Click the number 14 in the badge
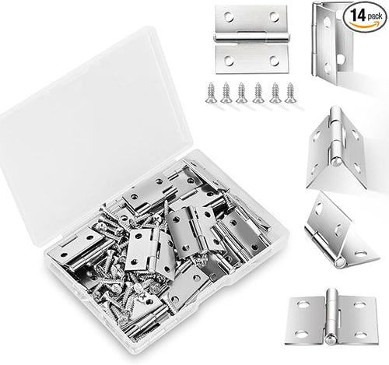point(357,16)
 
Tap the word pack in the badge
point(375,16)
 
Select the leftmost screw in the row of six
point(210,92)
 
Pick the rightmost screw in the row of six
point(289,92)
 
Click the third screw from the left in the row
point(241,93)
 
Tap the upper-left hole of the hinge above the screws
point(229,17)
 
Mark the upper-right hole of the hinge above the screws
point(274,16)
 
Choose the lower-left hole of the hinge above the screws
point(229,61)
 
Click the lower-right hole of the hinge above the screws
point(274,61)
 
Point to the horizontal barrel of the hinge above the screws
point(251,37)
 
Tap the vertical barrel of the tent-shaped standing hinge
point(335,136)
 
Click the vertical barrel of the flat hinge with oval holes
point(331,316)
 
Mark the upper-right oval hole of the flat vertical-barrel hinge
point(360,305)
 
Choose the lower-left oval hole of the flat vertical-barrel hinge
point(302,334)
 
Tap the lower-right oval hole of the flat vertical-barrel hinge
point(360,335)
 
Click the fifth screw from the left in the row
point(275,93)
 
